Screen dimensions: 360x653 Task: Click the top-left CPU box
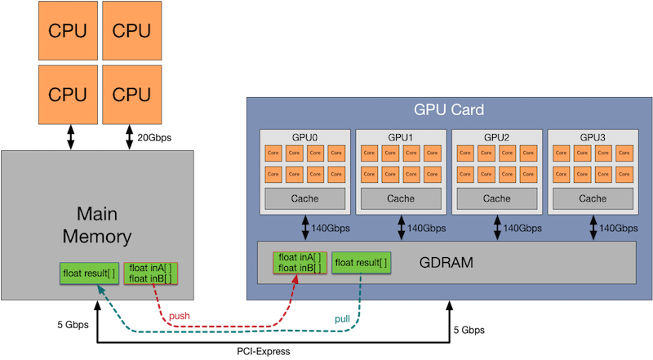click(x=68, y=30)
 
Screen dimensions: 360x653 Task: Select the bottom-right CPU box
click(x=132, y=94)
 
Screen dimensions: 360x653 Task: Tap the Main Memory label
click(x=104, y=225)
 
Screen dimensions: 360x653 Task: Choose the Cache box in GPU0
click(x=305, y=198)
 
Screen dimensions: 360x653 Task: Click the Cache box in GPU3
click(x=592, y=198)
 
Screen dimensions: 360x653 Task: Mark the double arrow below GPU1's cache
click(x=401, y=228)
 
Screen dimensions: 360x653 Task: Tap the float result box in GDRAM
click(x=361, y=263)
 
